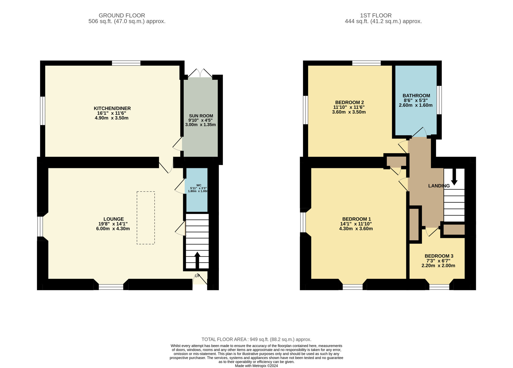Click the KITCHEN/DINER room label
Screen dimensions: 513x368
point(112,108)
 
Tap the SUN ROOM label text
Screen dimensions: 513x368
point(201,116)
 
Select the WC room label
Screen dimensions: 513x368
point(199,185)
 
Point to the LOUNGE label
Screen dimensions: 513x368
point(114,219)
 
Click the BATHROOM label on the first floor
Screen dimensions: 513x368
point(416,96)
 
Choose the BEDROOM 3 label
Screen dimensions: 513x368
point(439,256)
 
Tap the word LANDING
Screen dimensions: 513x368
point(439,186)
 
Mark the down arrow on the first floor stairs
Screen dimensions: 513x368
point(454,177)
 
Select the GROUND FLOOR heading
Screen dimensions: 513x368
point(122,15)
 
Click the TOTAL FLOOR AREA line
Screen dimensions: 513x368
point(256,340)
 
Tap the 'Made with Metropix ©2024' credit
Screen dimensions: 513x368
point(256,366)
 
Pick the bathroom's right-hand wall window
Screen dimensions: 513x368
point(439,100)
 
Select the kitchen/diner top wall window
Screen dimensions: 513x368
point(126,63)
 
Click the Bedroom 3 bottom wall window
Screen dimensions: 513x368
point(439,287)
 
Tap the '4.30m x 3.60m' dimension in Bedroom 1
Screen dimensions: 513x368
point(356,228)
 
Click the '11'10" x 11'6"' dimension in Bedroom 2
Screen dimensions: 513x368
point(349,107)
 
